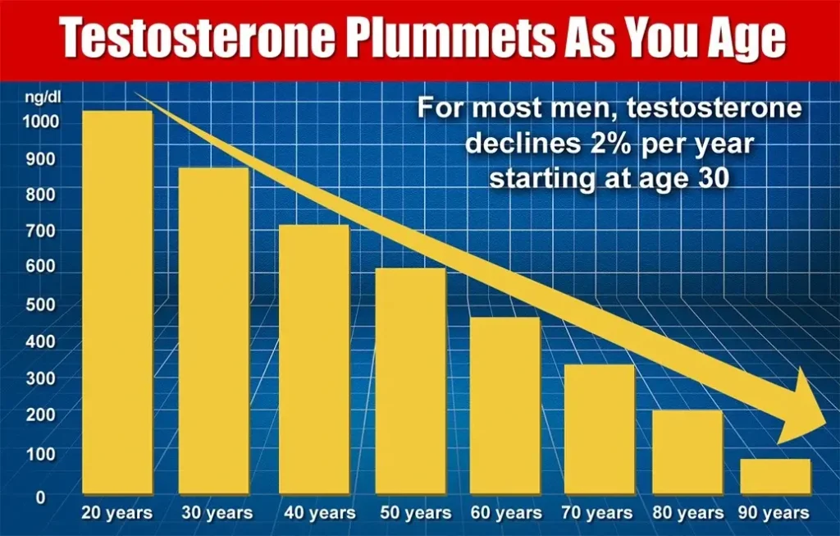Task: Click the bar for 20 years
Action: [117, 302]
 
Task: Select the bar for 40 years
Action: [314, 360]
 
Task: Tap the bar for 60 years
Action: [504, 405]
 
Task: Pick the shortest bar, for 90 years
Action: [775, 476]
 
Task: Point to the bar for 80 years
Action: [687, 451]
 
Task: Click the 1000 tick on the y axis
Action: [41, 121]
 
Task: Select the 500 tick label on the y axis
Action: [41, 304]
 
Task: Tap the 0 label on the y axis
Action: [41, 497]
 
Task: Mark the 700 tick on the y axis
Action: [41, 231]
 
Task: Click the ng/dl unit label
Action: [43, 98]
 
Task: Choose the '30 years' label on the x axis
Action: [217, 512]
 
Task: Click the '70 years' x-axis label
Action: [597, 512]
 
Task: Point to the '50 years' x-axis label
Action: [416, 512]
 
